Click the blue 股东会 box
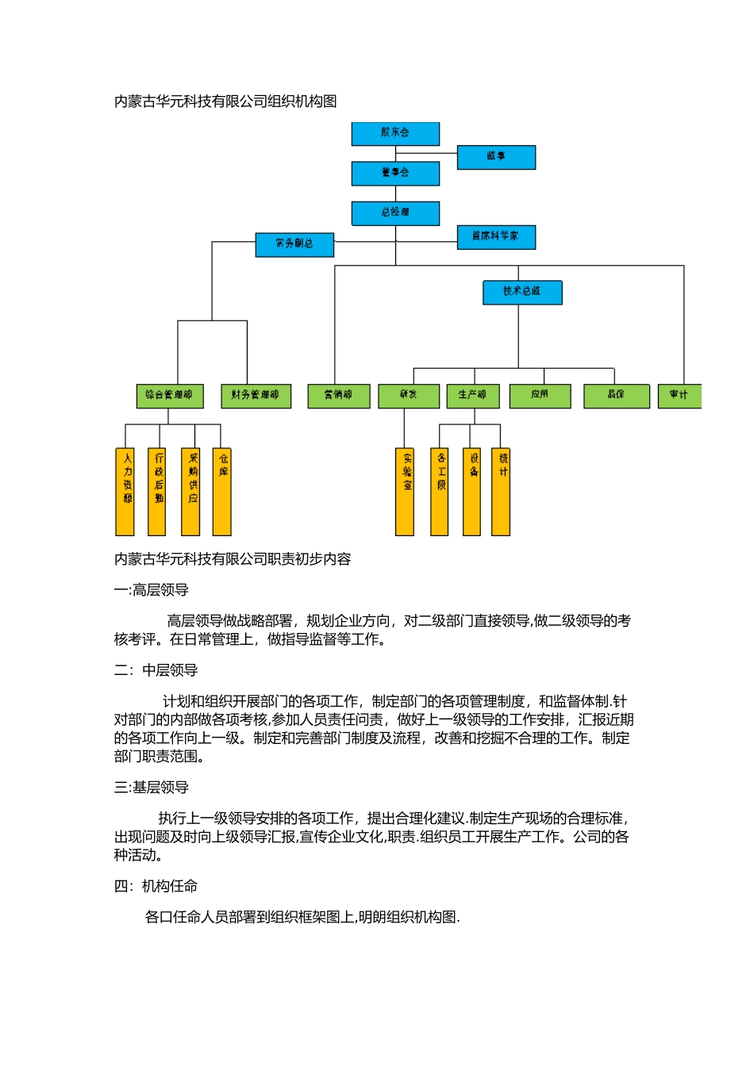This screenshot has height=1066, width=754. point(395,133)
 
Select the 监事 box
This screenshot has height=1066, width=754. point(496,157)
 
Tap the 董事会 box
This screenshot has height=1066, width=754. point(395,173)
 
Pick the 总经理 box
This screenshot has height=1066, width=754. point(395,213)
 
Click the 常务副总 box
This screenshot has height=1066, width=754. point(294,244)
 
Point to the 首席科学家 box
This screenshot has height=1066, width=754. point(496,236)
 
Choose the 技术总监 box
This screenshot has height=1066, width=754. point(522,292)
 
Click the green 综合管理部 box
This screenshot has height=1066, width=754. point(169,395)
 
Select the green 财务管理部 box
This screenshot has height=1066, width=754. point(256,395)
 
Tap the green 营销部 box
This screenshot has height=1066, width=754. point(338,395)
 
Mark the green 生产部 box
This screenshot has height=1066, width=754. point(473,395)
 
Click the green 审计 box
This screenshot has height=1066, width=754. point(679,395)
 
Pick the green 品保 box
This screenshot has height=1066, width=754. point(616,395)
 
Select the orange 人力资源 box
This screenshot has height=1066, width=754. point(125,491)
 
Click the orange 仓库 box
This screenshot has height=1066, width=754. point(222,491)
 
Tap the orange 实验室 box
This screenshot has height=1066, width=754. point(405,491)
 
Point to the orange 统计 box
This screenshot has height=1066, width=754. point(501,491)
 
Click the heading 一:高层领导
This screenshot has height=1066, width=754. point(152,590)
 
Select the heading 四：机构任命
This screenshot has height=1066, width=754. point(156,886)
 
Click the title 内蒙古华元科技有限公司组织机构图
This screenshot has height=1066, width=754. point(225,102)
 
